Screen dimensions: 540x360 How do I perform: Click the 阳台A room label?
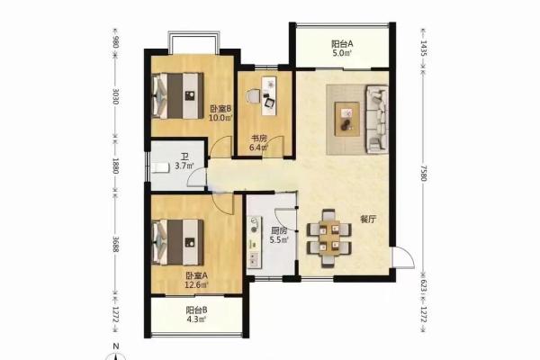(342, 44)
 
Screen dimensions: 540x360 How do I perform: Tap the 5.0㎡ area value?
(342, 53)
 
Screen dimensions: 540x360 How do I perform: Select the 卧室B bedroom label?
(220, 109)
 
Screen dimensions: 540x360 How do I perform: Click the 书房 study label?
(258, 139)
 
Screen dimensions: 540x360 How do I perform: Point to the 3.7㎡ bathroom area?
(184, 166)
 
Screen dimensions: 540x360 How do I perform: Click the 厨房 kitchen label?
(279, 230)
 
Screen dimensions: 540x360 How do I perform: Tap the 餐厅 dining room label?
(368, 220)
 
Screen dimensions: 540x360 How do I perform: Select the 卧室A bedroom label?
(197, 276)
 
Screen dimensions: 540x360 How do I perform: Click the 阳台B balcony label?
(196, 310)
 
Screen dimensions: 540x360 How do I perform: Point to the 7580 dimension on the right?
(424, 174)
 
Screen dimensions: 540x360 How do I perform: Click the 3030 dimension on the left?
(116, 97)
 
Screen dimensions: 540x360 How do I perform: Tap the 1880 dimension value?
(116, 166)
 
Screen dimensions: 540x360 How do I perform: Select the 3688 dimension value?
(116, 245)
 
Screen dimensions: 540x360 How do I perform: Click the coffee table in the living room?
(347, 119)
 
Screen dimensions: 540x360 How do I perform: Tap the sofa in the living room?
(377, 119)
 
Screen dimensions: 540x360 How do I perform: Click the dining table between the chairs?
(329, 238)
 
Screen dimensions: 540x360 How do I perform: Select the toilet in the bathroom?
(160, 168)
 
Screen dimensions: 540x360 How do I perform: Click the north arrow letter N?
(116, 346)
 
